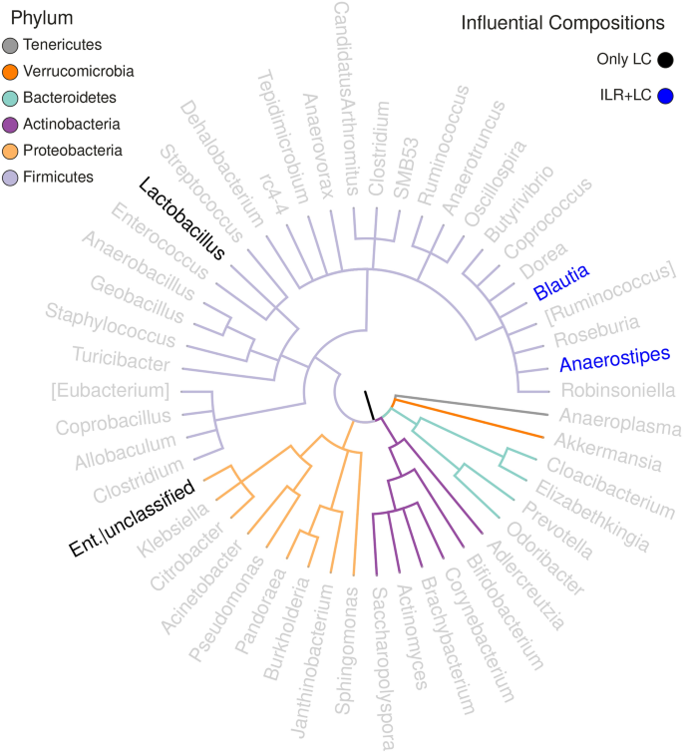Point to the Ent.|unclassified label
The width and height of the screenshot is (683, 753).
[x=131, y=520]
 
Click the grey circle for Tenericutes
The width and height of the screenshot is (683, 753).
[x=10, y=45]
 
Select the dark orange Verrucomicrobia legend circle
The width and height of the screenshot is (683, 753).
[x=10, y=72]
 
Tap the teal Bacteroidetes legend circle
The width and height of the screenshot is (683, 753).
[x=10, y=98]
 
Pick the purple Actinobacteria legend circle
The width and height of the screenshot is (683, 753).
[x=10, y=125]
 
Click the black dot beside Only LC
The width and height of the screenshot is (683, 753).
[x=665, y=59]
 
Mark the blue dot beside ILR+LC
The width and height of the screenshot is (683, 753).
[x=665, y=96]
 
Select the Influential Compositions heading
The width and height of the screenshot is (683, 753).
[x=562, y=22]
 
